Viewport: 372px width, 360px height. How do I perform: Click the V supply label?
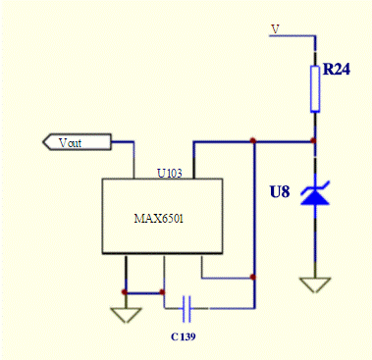click(276, 27)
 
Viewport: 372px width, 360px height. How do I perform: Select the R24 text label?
click(338, 72)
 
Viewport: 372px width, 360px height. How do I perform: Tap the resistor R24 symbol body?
click(314, 88)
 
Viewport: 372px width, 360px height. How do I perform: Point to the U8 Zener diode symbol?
click(314, 195)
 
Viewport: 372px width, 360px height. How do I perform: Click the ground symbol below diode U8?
click(314, 284)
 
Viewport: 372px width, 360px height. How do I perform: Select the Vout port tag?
click(74, 143)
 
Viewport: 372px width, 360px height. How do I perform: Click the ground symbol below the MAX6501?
click(125, 314)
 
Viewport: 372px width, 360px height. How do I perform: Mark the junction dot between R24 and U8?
click(314, 141)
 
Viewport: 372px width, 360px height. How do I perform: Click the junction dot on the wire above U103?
click(253, 141)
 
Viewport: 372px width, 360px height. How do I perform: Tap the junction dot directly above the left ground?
click(125, 292)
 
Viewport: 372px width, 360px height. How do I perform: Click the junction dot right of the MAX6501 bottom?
click(253, 278)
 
